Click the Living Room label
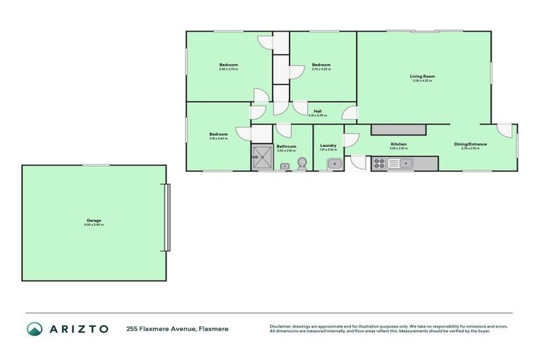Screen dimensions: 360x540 (423, 76)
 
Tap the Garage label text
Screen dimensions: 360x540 (94, 220)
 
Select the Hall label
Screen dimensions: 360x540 (317, 111)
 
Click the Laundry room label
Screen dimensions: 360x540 (328, 146)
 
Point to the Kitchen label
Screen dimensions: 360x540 (399, 144)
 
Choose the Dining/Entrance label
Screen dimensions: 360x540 (474, 144)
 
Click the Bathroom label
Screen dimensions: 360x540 (286, 146)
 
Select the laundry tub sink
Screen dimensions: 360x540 (335, 164)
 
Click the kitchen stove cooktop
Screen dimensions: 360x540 (378, 163)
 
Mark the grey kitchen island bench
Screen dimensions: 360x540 (399, 129)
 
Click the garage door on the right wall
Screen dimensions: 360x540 (167, 217)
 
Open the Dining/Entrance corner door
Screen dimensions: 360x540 (506, 130)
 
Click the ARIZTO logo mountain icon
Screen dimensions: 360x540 (34, 328)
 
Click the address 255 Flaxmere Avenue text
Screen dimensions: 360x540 (177, 328)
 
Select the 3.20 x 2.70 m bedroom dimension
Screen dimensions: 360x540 (229, 70)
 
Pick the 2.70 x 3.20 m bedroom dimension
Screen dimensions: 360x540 (321, 69)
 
